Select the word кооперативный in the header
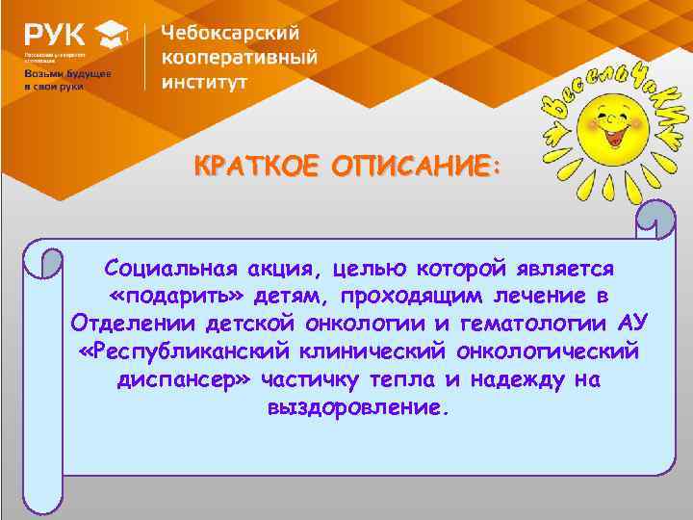[239, 57]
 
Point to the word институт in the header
[204, 81]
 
